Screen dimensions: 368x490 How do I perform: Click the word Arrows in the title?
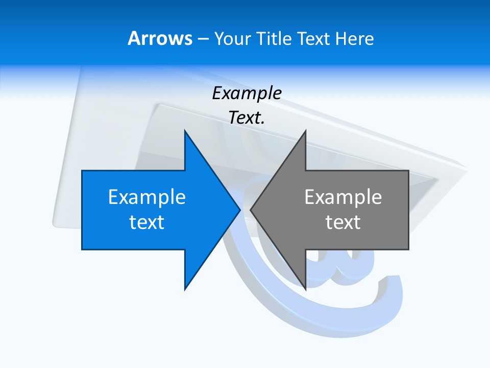tap(160, 38)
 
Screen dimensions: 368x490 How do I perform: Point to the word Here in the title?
tap(355, 38)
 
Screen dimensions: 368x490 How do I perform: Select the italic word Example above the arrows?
tap(247, 93)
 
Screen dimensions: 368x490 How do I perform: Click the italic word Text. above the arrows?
tap(247, 118)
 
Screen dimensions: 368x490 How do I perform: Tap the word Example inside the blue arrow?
tap(147, 197)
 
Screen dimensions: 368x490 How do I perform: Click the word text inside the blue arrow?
tap(147, 222)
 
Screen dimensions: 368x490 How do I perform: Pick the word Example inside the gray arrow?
tap(343, 197)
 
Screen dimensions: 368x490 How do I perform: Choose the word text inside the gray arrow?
tap(343, 222)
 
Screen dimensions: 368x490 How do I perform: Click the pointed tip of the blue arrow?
tap(239, 210)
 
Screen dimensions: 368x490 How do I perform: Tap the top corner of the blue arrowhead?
tap(185, 131)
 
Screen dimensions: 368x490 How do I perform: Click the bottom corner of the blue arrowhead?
tap(185, 289)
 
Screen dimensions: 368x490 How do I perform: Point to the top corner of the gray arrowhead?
tap(305, 131)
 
